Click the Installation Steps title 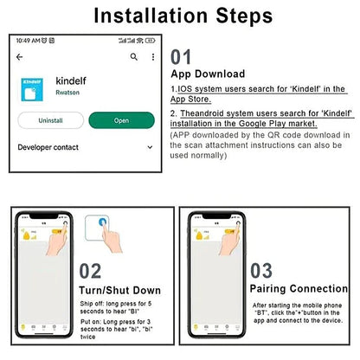pos(182,16)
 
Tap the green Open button pos(121,120)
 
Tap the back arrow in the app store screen pos(20,56)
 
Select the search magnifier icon pos(133,56)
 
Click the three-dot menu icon pos(151,56)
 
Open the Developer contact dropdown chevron pos(151,148)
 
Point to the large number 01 pos(181,57)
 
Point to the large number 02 pos(92,270)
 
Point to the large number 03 pos(260,270)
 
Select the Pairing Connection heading pos(299,287)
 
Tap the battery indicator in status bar pos(150,40)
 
